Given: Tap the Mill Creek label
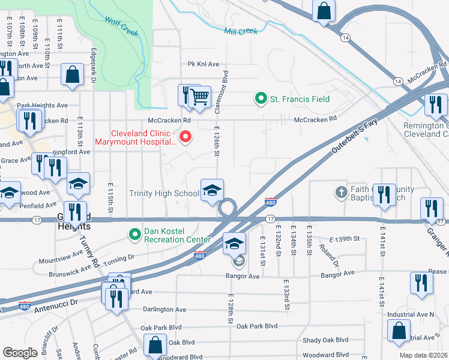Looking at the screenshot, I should (240, 31).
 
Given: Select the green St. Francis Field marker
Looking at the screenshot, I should (261, 98).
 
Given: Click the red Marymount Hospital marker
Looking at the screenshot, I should (185, 137).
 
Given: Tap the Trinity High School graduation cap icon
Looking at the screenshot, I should (211, 190).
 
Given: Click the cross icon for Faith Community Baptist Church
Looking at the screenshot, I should (341, 193).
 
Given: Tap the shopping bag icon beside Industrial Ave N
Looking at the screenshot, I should (399, 331).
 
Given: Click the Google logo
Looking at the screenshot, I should (20, 352).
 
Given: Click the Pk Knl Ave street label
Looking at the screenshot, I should (203, 64).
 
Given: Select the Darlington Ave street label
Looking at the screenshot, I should (164, 310).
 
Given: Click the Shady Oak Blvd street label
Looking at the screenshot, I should (325, 340).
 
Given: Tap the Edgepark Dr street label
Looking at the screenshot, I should (94, 65).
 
